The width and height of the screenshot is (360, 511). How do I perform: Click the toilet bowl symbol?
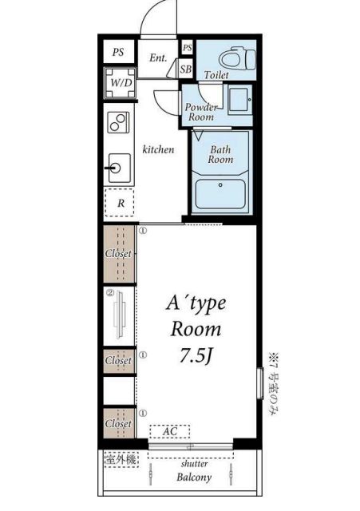pos(237,58)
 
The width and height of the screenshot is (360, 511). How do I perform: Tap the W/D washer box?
pos(120,83)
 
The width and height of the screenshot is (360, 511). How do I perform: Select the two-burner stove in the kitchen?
pos(119,122)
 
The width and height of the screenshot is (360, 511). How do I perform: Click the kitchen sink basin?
pos(120,168)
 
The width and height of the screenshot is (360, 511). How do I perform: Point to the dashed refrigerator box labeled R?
pos(120,203)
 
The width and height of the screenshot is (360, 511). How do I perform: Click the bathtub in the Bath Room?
pos(220,194)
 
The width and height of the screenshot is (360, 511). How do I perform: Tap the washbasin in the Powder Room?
pos(239,100)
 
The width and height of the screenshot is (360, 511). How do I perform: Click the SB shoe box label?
pos(186,69)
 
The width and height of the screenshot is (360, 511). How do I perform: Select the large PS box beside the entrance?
pos(119,51)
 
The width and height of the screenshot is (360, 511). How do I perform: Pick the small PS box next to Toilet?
pos(187,48)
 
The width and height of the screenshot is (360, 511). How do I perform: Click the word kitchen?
pos(158,149)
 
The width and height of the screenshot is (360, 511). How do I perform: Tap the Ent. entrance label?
pos(158,58)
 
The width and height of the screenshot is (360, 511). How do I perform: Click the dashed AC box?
pos(169,431)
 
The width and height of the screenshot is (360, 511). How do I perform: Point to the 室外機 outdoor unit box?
pos(121,460)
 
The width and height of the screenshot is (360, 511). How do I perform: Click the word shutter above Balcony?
pos(194,463)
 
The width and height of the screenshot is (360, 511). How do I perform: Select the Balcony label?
pos(194,477)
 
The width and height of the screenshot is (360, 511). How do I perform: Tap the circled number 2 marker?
pos(110,293)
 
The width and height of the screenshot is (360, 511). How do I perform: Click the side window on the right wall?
pos(259,383)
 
